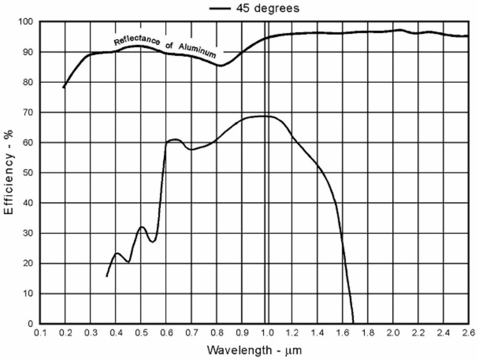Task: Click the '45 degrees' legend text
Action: click(x=266, y=8)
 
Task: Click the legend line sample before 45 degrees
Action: click(x=220, y=8)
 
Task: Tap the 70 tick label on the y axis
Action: click(x=26, y=113)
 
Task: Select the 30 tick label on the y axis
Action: click(x=26, y=233)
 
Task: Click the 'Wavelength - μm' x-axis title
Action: click(x=254, y=350)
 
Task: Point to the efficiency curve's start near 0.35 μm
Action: click(x=106, y=277)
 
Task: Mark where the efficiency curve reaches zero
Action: click(x=353, y=323)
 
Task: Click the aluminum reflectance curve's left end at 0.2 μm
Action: click(x=64, y=88)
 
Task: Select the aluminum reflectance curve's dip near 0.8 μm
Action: click(x=221, y=65)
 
